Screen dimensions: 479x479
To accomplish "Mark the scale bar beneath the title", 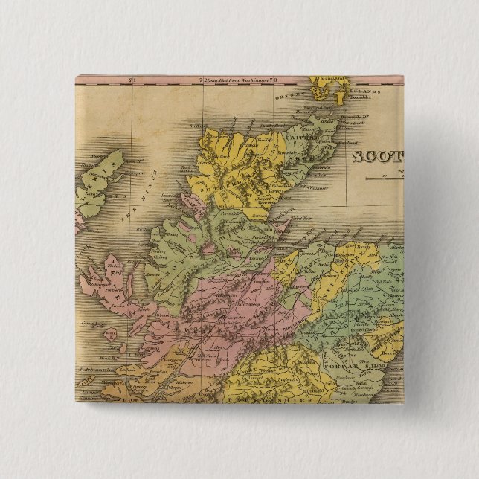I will click(x=390, y=176).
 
